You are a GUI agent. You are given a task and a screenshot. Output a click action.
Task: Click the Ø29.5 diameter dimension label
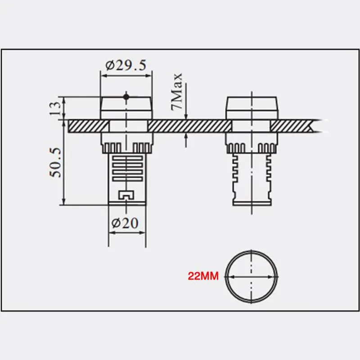tap(126, 66)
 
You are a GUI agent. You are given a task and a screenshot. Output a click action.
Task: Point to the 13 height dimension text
tap(55, 108)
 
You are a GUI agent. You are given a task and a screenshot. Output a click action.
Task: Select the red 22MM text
tap(203, 277)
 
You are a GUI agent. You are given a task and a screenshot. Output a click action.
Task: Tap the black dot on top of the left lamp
tap(126, 96)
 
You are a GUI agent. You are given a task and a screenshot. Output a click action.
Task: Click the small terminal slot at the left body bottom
tap(126, 195)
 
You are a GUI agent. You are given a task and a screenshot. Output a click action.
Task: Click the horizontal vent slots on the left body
tap(126, 169)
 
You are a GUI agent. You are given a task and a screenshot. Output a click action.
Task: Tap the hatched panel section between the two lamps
tap(187, 126)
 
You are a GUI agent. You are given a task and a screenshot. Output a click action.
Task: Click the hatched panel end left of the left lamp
tap(83, 126)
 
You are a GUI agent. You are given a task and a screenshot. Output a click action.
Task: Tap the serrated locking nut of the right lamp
tap(252, 146)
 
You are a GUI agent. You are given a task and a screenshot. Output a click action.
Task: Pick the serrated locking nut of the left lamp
tap(126, 146)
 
